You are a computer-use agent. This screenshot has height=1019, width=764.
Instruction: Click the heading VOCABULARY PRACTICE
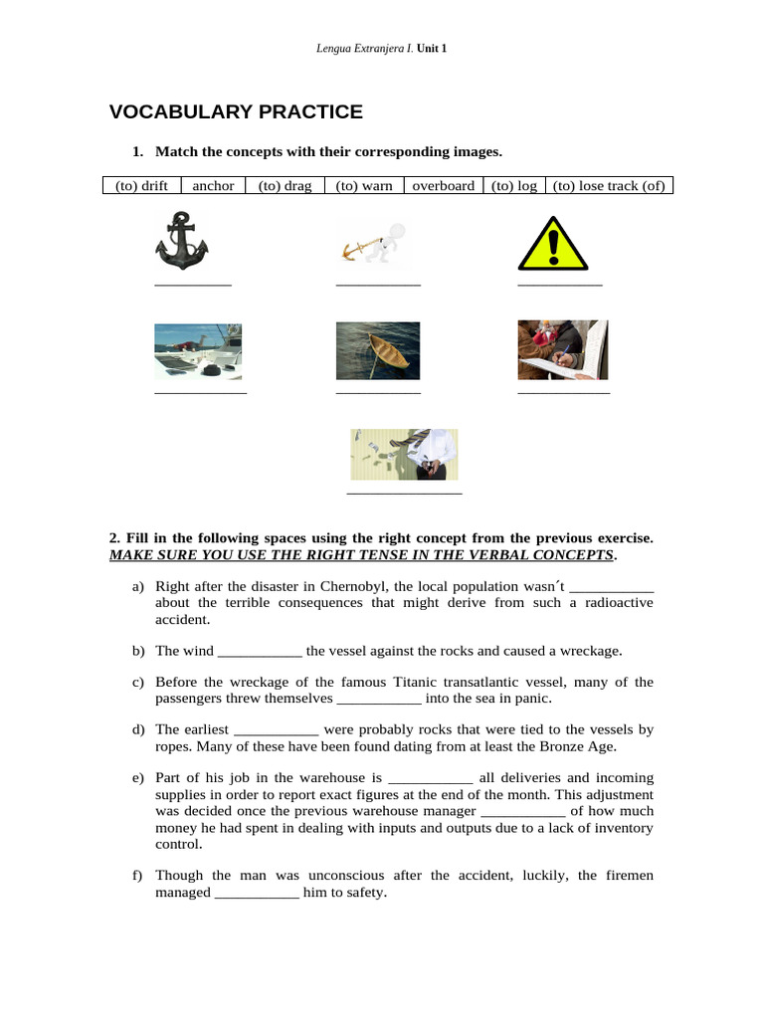[236, 112]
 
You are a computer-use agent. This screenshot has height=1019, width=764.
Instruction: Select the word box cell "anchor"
[213, 186]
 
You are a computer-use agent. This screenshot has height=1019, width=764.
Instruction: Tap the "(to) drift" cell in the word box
[141, 186]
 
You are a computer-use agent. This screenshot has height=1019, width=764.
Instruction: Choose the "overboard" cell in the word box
[443, 186]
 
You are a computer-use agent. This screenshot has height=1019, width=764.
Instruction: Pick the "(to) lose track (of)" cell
[608, 186]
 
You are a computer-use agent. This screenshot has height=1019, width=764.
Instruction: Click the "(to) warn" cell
[364, 186]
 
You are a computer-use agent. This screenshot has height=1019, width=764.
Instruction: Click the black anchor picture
[182, 242]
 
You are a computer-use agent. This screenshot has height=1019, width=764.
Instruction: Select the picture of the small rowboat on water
[378, 350]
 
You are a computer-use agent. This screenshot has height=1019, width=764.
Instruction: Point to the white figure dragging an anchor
[379, 245]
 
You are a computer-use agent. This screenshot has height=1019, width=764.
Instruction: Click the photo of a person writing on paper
[563, 349]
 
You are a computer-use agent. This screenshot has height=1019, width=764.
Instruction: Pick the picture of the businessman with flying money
[404, 455]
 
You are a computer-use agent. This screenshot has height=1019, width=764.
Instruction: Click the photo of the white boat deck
[197, 351]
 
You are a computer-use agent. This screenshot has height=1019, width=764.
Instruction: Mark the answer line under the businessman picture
[404, 493]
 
